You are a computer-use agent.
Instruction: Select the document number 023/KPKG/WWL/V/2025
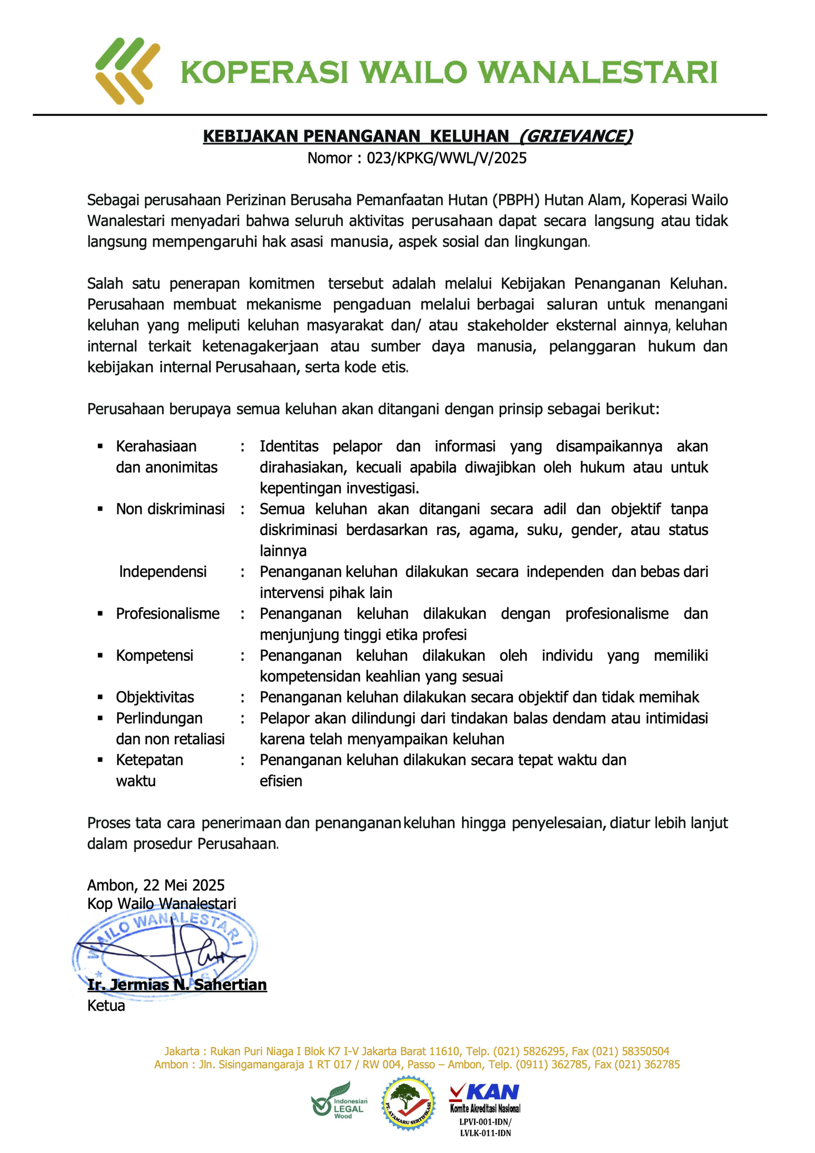click(x=446, y=158)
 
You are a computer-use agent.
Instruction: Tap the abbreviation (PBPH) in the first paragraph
click(x=515, y=200)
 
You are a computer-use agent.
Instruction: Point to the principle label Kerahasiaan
click(x=156, y=446)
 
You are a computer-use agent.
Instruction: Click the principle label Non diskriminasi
click(x=170, y=509)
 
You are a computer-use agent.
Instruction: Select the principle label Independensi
click(x=163, y=572)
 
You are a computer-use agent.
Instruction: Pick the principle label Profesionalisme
click(x=168, y=613)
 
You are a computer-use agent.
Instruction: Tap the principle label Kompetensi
click(x=154, y=655)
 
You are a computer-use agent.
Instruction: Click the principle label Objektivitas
click(x=155, y=697)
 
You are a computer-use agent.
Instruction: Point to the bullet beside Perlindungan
click(x=100, y=718)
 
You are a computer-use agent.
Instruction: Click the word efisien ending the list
click(x=281, y=781)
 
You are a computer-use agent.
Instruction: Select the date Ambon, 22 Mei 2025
click(x=156, y=885)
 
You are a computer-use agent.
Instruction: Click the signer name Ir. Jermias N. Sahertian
click(x=177, y=985)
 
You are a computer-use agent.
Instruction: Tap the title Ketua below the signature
click(x=106, y=1006)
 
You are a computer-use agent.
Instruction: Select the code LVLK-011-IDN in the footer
click(x=485, y=1133)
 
